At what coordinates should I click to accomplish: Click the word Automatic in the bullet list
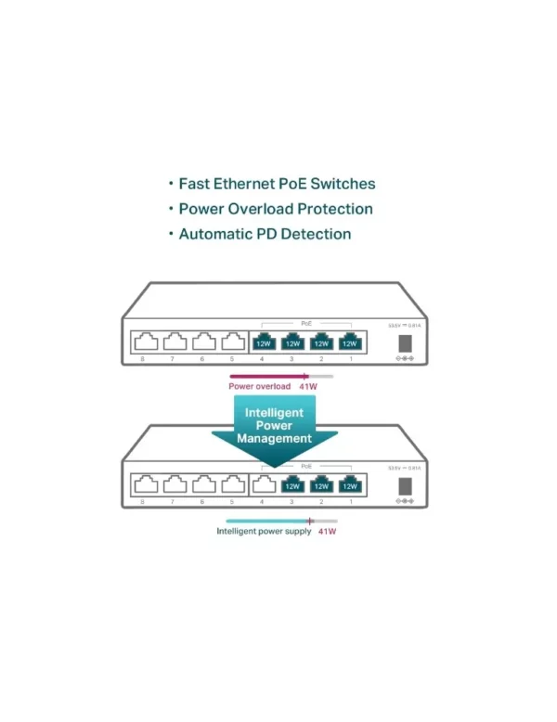pos(219,234)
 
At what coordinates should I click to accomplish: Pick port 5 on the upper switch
pos(232,342)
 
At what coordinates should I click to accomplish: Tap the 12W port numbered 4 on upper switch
pos(263,342)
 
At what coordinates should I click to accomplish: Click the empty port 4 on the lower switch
pos(263,483)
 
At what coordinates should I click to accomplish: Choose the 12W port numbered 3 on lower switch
pos(291,483)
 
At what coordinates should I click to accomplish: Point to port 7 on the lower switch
pos(174,483)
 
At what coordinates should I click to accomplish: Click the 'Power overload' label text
pos(253,386)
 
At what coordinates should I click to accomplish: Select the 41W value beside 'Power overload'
pos(308,386)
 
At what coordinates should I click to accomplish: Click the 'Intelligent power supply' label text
pos(264,532)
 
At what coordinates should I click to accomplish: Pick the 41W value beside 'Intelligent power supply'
pos(327,532)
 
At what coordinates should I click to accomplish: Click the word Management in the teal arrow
pos(274,438)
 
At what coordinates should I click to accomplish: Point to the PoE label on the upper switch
pos(306,323)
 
